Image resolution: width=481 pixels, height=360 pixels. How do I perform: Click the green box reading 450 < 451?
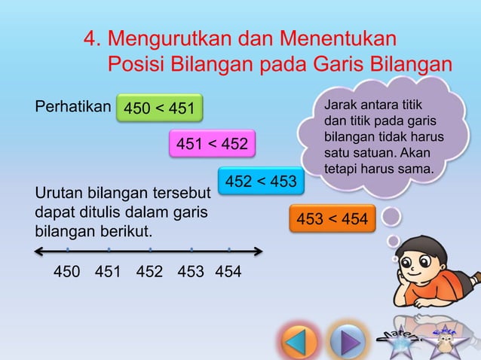[159, 110]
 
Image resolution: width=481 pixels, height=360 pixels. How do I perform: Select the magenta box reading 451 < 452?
[212, 145]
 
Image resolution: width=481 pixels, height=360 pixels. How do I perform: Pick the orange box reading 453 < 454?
[332, 219]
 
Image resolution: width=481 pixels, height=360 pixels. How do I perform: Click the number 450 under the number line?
[67, 272]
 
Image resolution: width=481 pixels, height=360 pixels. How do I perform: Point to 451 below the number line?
[109, 272]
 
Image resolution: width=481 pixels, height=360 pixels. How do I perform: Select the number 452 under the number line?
[149, 272]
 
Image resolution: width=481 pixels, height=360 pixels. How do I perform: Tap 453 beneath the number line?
[191, 272]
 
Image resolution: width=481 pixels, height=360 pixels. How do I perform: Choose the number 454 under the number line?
[228, 272]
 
